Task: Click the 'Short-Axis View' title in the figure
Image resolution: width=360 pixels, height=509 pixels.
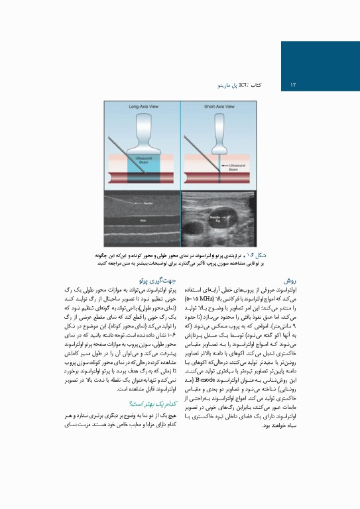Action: click(216, 106)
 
